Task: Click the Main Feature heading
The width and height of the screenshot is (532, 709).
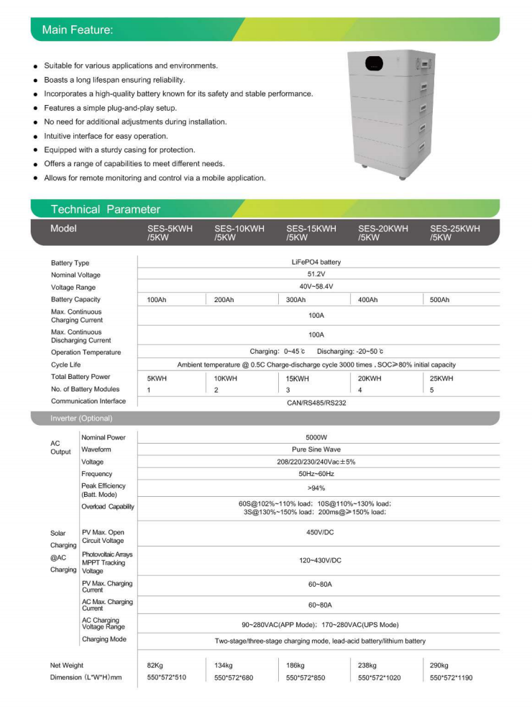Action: click(x=78, y=30)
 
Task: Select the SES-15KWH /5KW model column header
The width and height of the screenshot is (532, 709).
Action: click(x=311, y=233)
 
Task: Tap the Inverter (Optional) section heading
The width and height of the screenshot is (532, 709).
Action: click(x=81, y=418)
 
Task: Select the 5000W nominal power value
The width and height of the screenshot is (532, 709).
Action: click(x=316, y=437)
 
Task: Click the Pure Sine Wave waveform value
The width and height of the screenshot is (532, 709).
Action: click(x=316, y=449)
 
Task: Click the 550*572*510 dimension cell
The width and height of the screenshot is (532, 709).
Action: click(x=166, y=678)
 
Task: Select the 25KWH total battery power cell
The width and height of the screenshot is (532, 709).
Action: click(x=441, y=378)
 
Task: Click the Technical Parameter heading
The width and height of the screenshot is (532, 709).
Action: click(x=106, y=209)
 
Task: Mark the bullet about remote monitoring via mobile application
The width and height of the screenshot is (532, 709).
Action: click(x=155, y=178)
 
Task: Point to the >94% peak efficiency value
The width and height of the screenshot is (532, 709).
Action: click(x=316, y=488)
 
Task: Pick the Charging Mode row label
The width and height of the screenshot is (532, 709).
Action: click(x=105, y=639)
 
